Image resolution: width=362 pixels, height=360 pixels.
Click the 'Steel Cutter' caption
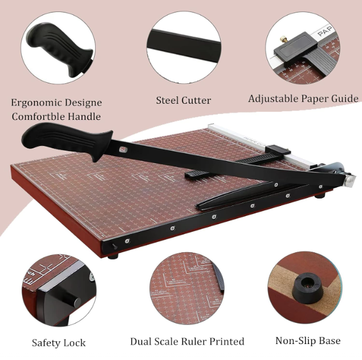tap(184, 100)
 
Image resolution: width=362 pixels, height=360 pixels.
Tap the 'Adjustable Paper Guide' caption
tap(303, 99)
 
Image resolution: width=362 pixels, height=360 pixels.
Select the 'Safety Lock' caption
tap(59, 342)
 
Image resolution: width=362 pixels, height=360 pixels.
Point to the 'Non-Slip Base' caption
tap(308, 341)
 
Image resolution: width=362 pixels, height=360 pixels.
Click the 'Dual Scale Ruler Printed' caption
tap(187, 342)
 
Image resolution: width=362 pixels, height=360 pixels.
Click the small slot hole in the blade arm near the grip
tap(123, 150)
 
